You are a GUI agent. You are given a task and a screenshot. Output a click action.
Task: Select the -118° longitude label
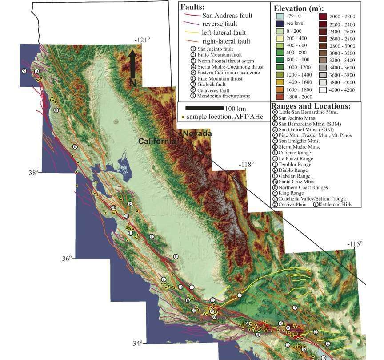(245, 164)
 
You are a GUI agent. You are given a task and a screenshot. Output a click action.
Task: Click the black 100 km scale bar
(204, 108)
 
